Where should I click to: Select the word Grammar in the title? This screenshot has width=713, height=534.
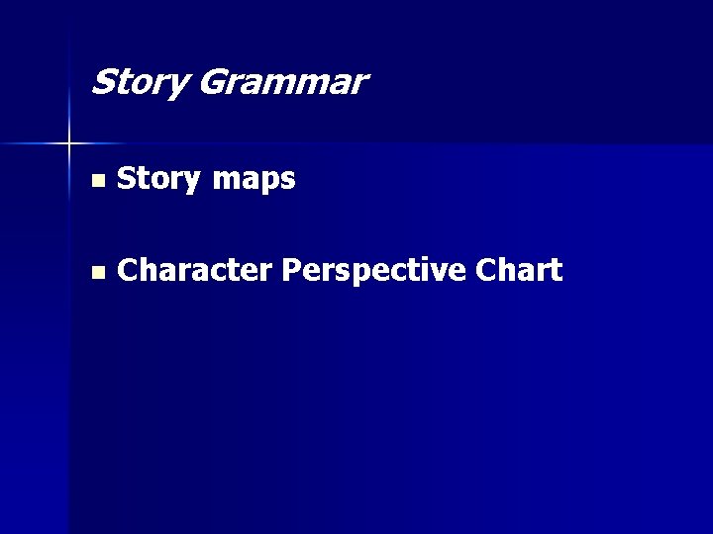point(281,82)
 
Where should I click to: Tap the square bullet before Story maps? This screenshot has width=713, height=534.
point(96,181)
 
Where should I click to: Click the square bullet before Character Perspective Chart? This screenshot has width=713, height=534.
point(96,272)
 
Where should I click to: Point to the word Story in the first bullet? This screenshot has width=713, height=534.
point(158,180)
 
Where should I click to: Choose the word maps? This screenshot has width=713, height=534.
point(254,181)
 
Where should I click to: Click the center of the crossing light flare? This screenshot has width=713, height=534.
point(69,144)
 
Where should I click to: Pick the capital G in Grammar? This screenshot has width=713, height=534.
point(212,81)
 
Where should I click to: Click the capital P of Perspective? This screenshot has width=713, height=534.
point(290,270)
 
